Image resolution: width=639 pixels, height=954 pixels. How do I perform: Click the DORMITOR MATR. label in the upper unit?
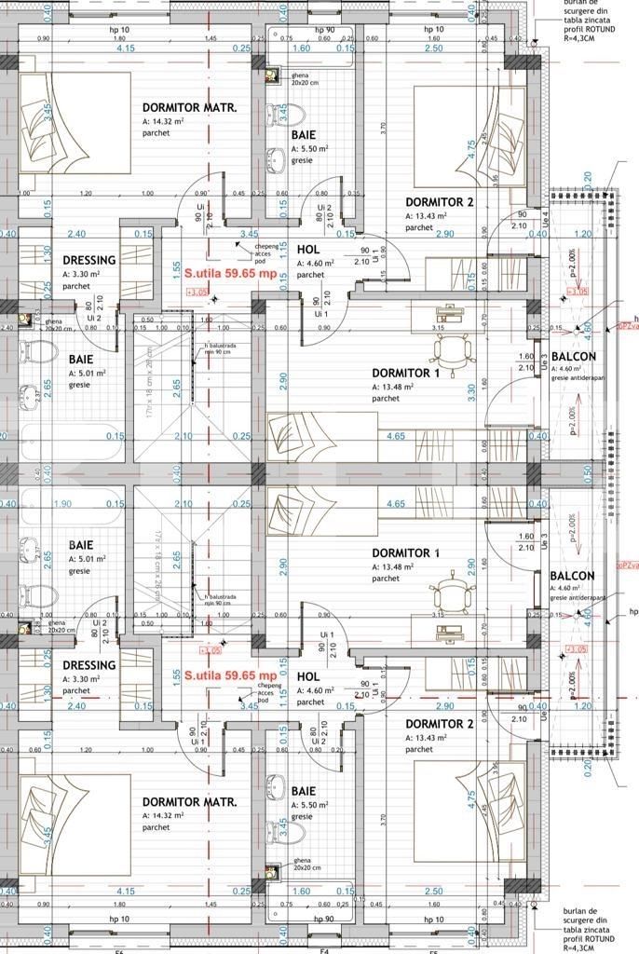click(x=189, y=107)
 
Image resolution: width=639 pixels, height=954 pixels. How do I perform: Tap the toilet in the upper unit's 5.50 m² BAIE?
click(x=292, y=116)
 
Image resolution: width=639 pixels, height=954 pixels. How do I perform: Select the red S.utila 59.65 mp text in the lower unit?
click(x=230, y=675)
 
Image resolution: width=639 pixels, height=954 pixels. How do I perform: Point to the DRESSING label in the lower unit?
click(x=89, y=665)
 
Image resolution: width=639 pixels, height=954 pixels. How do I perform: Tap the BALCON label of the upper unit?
click(x=573, y=356)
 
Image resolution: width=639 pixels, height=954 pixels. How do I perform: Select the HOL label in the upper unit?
click(x=308, y=250)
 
